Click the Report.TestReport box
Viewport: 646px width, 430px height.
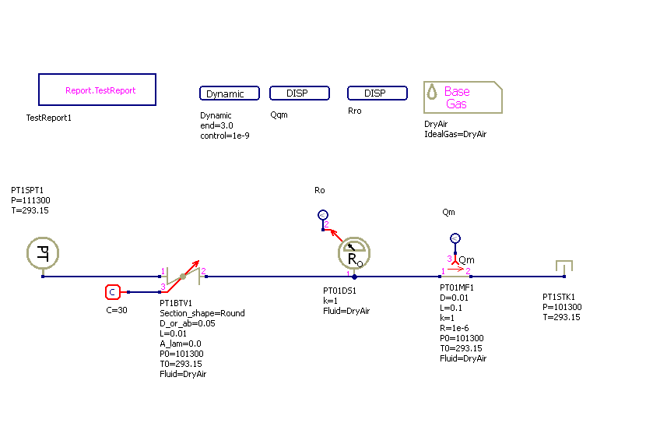point(97,90)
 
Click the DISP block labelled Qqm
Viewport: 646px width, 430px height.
point(300,93)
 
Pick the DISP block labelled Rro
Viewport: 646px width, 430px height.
point(377,93)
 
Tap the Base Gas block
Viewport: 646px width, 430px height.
point(462,97)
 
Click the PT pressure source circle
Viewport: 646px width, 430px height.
point(43,253)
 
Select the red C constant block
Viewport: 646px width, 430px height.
point(112,292)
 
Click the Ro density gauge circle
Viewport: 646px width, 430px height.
point(354,253)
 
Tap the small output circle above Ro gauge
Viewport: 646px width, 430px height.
point(323,215)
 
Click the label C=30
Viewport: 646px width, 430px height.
point(117,310)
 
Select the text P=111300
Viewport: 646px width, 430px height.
point(30,200)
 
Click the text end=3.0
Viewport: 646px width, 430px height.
point(216,125)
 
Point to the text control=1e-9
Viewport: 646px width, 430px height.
point(225,136)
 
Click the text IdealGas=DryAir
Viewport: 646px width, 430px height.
point(455,134)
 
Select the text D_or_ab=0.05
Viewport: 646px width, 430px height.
point(188,323)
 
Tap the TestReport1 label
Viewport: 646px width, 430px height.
point(49,118)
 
